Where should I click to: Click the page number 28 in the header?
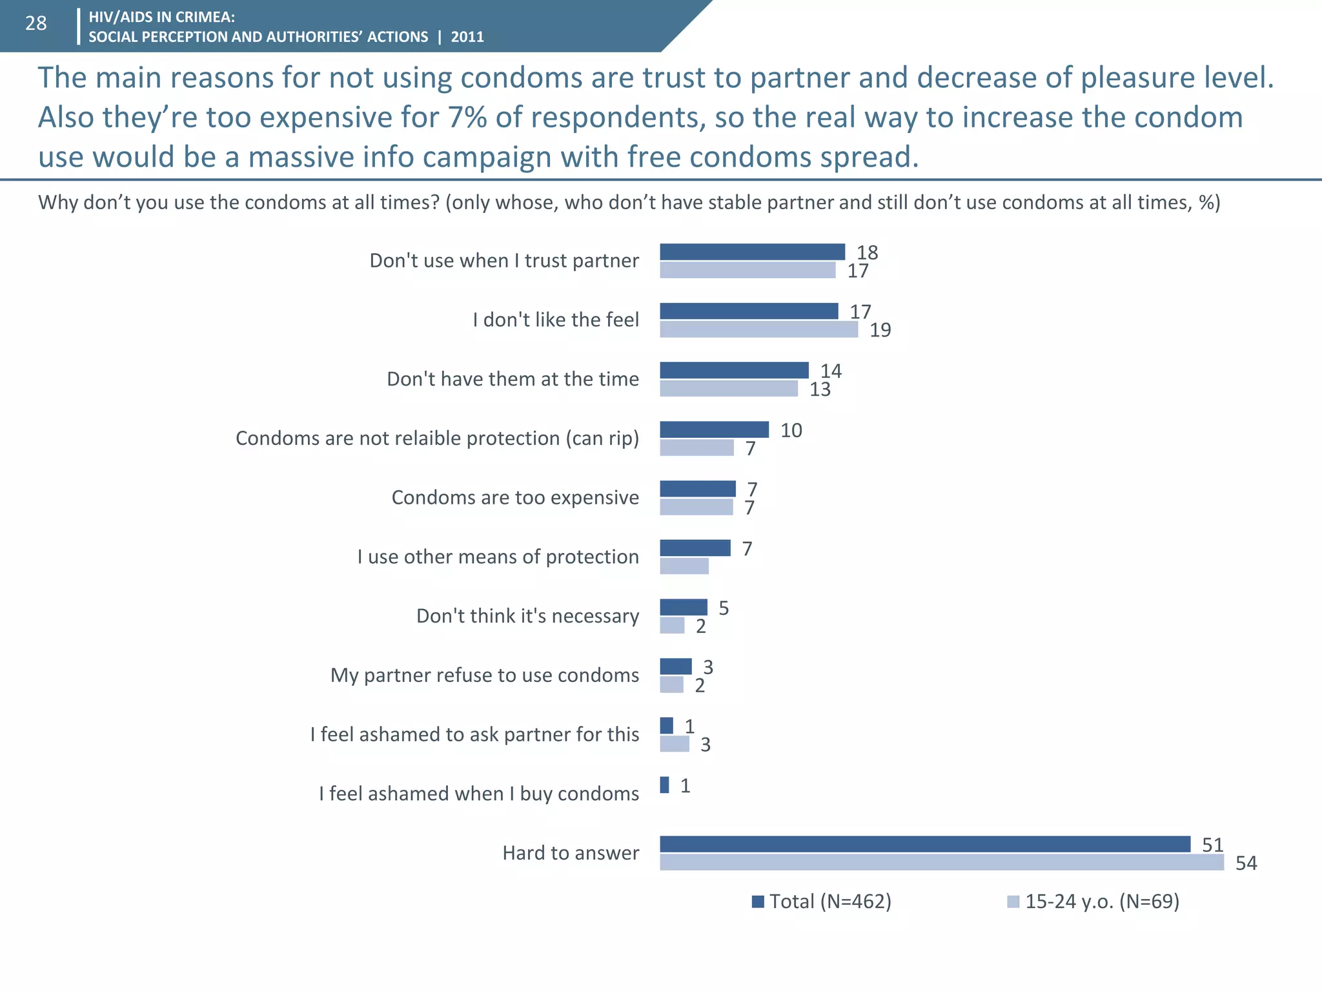click(x=36, y=23)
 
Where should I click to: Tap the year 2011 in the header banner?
click(x=467, y=37)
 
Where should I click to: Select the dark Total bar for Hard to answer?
click(x=924, y=844)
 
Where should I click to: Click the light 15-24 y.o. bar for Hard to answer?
click(x=941, y=862)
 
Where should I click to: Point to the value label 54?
click(x=1246, y=863)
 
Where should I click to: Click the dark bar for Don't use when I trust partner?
click(x=752, y=252)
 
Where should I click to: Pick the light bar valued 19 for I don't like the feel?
click(x=758, y=329)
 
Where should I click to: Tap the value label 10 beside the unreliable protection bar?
click(x=791, y=430)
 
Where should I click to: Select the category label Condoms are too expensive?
click(x=514, y=497)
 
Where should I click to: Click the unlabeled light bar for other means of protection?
click(x=684, y=566)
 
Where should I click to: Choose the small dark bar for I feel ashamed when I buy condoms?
click(x=664, y=785)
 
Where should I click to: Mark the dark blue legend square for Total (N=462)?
click(x=758, y=902)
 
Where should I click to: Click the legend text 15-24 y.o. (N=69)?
click(x=1102, y=901)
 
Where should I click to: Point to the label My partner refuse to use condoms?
click(x=484, y=675)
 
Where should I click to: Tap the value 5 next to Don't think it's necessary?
click(x=724, y=608)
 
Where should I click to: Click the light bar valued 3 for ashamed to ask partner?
click(x=675, y=744)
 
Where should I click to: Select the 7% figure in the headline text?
click(x=467, y=118)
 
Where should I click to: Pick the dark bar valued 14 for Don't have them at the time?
click(x=734, y=370)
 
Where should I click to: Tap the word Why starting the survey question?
click(x=58, y=203)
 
